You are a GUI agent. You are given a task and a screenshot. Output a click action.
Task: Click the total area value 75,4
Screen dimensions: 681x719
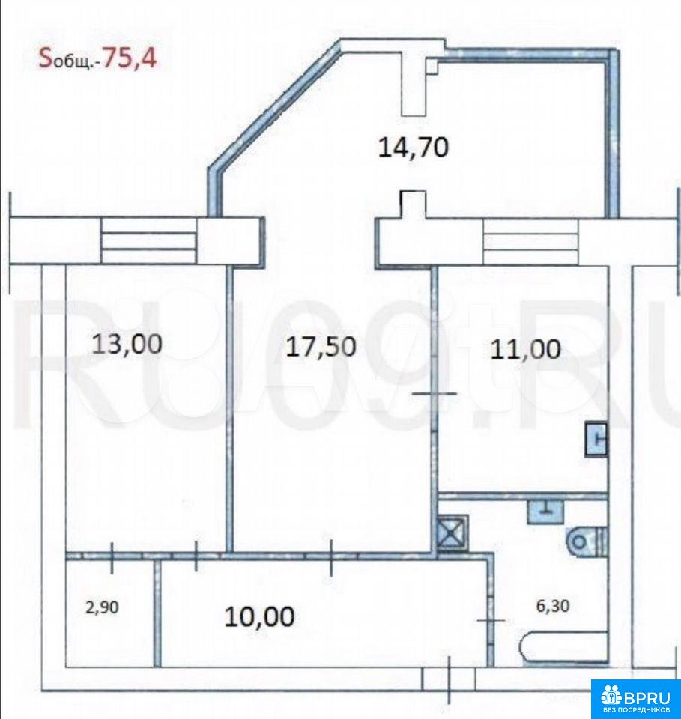[x=130, y=58]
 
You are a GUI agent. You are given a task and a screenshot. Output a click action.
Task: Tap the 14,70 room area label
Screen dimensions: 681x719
[x=414, y=148]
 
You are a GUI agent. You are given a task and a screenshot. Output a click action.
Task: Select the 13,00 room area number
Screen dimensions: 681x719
[x=127, y=344]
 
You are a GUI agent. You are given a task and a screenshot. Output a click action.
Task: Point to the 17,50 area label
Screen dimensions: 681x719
[x=321, y=346]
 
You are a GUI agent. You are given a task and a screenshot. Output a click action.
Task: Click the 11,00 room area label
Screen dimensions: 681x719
[x=525, y=350]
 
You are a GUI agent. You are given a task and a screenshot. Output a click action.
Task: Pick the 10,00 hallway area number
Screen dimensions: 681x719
[x=259, y=616]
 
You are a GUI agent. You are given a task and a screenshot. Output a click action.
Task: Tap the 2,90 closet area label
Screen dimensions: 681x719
[x=102, y=607]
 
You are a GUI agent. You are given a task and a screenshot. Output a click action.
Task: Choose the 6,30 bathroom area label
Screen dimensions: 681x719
[x=553, y=606]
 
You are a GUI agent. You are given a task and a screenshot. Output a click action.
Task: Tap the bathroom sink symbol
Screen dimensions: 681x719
[x=545, y=512]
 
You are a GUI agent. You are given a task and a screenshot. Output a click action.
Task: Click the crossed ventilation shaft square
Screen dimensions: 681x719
[x=453, y=533]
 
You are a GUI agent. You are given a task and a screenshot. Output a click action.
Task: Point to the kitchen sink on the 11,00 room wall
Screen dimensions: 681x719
[x=596, y=440]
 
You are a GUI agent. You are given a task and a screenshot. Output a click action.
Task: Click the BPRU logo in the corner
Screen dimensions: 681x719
[x=635, y=698]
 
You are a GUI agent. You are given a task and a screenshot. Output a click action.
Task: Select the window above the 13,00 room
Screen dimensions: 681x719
[x=149, y=240]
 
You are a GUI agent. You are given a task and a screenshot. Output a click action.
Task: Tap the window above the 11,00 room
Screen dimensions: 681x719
[x=530, y=242]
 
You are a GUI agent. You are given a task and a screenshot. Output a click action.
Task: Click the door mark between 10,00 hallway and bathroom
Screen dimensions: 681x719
[x=491, y=620]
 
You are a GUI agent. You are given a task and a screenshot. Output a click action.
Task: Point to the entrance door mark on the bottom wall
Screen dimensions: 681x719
[x=449, y=679]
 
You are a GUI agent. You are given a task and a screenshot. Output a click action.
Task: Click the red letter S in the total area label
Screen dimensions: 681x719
[x=45, y=58]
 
